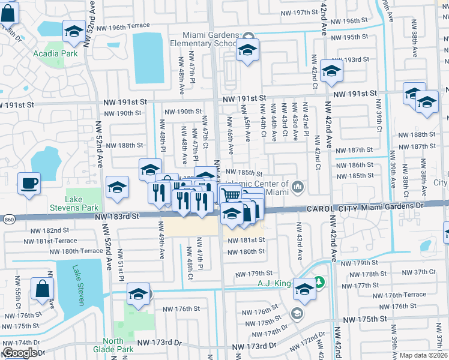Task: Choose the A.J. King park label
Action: pos(274,283)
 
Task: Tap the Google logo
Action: pos(20,353)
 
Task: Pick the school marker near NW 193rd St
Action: pos(331,71)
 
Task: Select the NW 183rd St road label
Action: pos(117,215)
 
